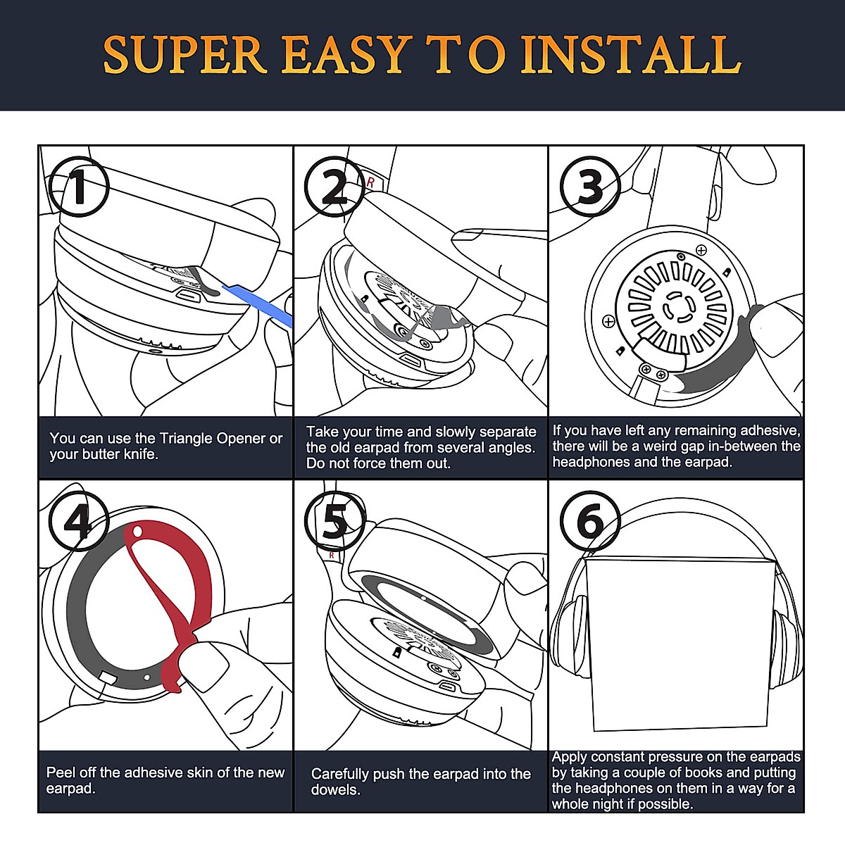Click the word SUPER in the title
coord(185,54)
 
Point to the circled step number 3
coord(590,187)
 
